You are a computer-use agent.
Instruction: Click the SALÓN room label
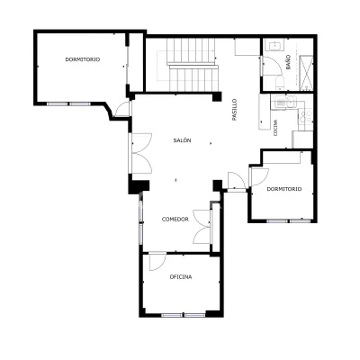pyautogui.click(x=183, y=140)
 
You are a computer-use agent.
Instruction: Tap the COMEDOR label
pyautogui.click(x=175, y=220)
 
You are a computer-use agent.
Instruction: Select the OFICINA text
pyautogui.click(x=181, y=277)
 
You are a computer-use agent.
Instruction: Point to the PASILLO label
pyautogui.click(x=234, y=110)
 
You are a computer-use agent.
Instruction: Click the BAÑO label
pyautogui.click(x=288, y=62)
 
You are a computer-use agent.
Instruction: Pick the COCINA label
pyautogui.click(x=275, y=128)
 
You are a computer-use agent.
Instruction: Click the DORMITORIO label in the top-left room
pyautogui.click(x=83, y=59)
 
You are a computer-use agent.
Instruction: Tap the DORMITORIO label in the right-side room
pyautogui.click(x=284, y=189)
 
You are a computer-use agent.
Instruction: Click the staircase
pyautogui.click(x=192, y=64)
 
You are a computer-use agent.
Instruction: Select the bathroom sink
pyautogui.click(x=274, y=46)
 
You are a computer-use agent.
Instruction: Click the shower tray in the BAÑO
pyautogui.click(x=306, y=73)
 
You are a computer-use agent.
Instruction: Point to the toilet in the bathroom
pyautogui.click(x=280, y=83)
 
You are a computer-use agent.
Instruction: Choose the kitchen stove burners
pyautogui.click(x=306, y=116)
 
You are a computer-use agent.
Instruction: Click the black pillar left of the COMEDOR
pyautogui.click(x=139, y=187)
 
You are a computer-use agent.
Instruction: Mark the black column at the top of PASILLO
pyautogui.click(x=217, y=96)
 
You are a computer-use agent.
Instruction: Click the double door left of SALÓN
pyautogui.click(x=141, y=153)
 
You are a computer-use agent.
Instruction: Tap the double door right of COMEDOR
pyautogui.click(x=202, y=227)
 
